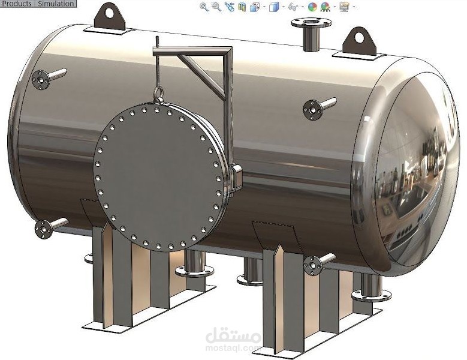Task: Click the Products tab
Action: point(16,4)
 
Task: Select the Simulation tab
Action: point(55,4)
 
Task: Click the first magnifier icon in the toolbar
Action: point(204,7)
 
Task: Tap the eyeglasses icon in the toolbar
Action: point(293,7)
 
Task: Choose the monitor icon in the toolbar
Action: point(344,7)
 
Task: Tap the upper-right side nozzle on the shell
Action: point(313,109)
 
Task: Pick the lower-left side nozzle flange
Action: point(44,229)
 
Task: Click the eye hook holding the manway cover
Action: point(158,93)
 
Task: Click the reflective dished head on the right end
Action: point(408,171)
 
